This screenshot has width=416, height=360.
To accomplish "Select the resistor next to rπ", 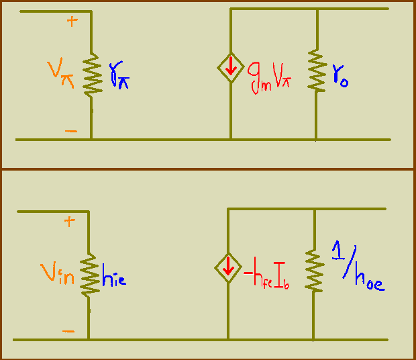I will [x=91, y=75].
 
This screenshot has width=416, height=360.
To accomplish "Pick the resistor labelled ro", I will [x=316, y=71].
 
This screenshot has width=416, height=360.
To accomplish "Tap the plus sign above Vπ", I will [x=72, y=21].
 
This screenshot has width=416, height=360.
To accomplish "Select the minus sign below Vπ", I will [x=71, y=130].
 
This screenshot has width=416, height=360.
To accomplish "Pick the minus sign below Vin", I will [x=69, y=331].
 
